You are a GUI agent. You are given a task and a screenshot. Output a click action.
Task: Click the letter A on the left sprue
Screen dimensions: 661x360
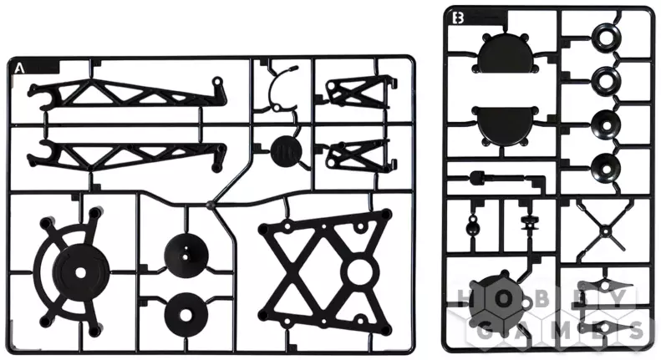click(18, 68)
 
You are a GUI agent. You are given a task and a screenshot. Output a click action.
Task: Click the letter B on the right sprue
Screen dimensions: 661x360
click(457, 18)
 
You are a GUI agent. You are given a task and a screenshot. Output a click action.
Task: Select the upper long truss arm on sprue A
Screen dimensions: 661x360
click(126, 94)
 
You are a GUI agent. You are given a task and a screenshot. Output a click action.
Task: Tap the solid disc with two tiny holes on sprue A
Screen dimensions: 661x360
click(186, 255)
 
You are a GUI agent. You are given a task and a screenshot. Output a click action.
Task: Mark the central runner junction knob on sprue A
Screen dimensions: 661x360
click(211, 205)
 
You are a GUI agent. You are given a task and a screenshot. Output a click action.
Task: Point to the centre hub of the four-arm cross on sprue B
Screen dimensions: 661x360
click(606, 231)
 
